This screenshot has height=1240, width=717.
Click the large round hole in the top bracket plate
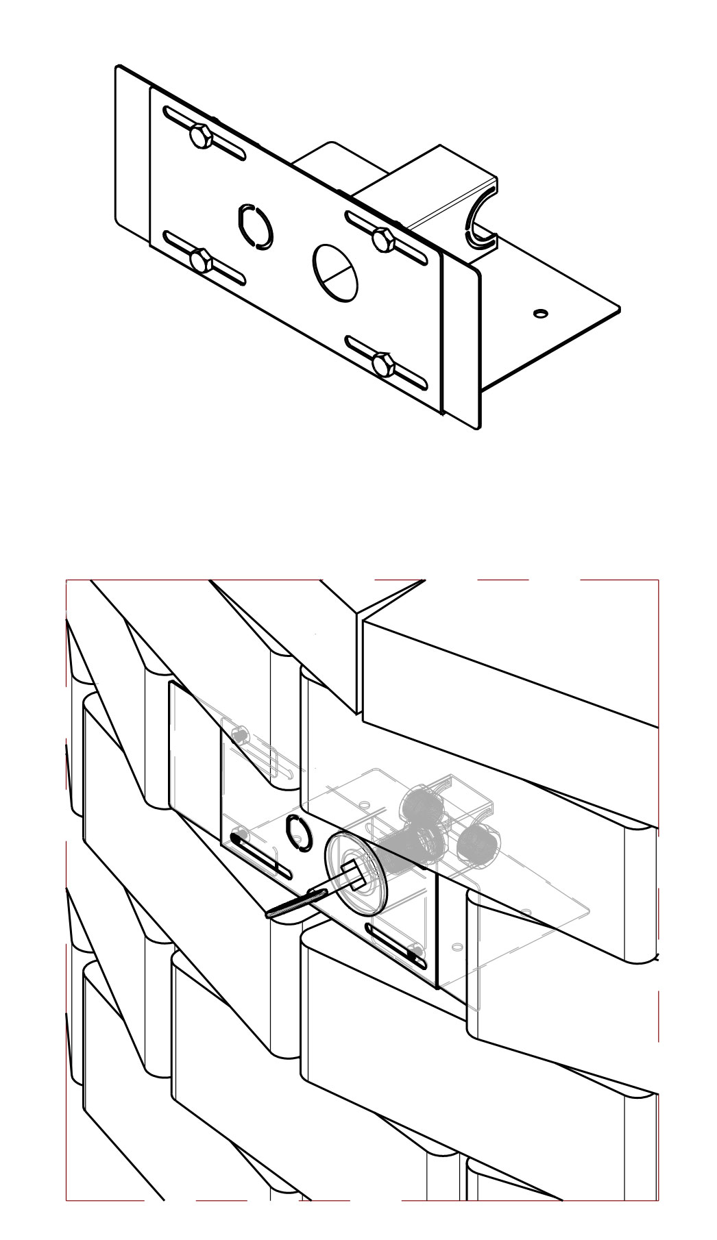click(x=336, y=271)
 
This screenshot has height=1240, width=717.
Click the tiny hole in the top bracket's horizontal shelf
click(x=541, y=313)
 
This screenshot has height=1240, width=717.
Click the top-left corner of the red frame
click(x=66, y=580)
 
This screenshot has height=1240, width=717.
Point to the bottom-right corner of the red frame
click(x=658, y=1200)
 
